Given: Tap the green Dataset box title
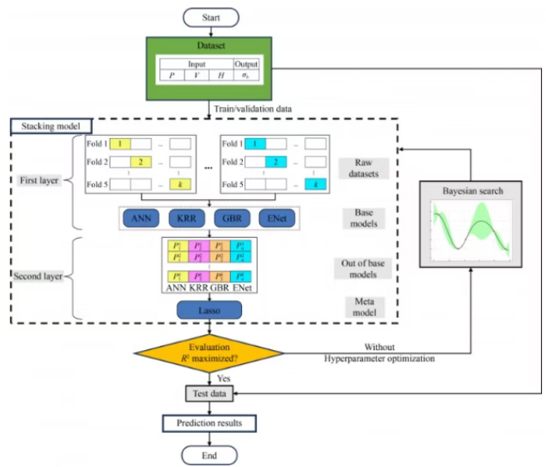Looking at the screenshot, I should [210, 47].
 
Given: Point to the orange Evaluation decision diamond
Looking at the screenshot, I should [210, 352].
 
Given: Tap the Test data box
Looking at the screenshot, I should [210, 395].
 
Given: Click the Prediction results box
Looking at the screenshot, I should [209, 424].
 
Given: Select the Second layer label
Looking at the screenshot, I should [39, 276].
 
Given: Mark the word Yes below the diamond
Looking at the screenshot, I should [224, 378].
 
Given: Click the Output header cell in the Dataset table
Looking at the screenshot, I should [245, 64].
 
